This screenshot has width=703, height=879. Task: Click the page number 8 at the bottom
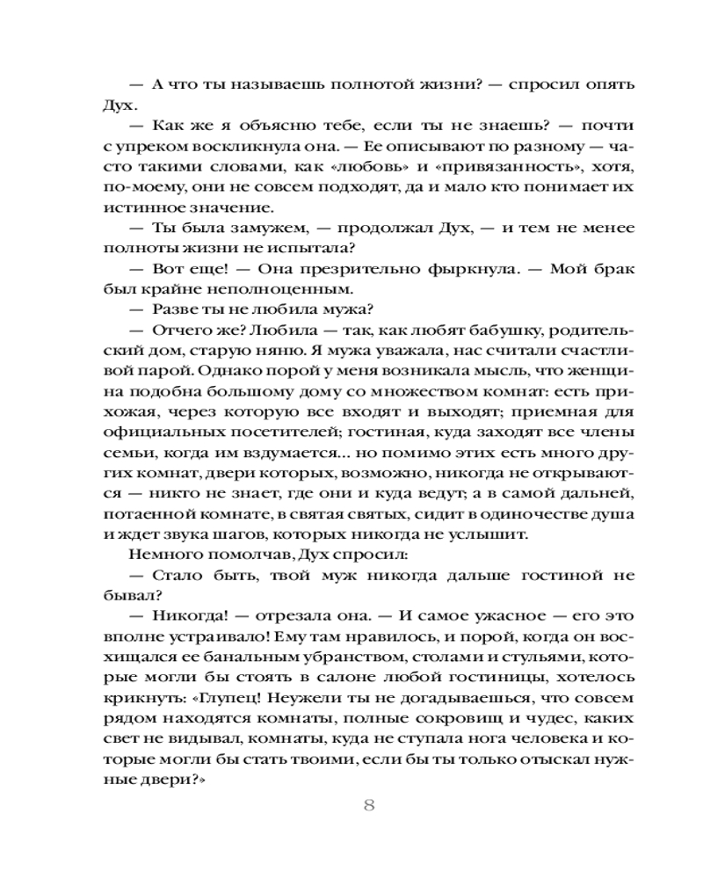pyautogui.click(x=369, y=805)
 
